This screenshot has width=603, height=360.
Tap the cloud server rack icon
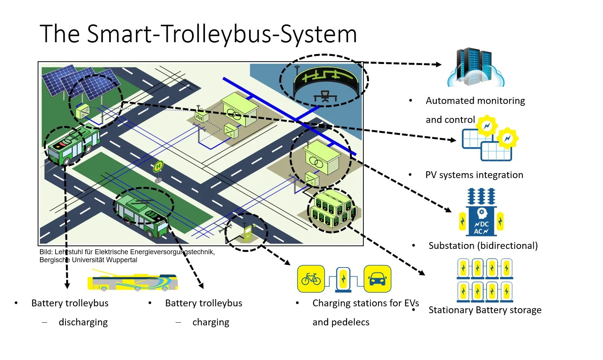476,67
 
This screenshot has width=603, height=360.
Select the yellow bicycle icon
311,279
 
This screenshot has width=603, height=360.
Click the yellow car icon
377,279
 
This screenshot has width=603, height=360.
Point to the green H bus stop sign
158,166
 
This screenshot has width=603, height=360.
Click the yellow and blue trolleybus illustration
133,280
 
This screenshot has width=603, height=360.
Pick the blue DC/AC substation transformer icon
481,212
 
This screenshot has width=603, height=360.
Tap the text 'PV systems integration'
474,175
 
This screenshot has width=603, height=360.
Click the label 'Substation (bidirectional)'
483,245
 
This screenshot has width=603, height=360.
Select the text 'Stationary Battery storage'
485,310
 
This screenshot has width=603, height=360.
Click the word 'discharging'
83,322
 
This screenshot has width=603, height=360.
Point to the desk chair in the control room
325,96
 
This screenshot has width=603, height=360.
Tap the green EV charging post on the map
248,233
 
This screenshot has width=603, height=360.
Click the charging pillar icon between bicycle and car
343,279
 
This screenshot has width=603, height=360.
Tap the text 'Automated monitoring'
476,101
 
